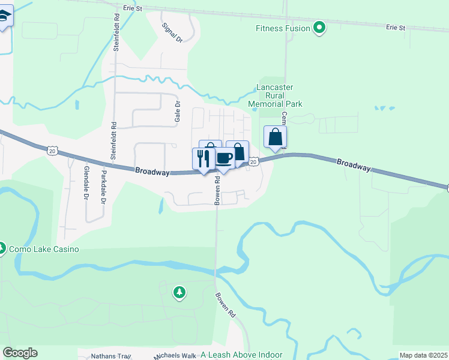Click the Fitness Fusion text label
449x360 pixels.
[283, 28]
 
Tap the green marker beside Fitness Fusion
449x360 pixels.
[320, 28]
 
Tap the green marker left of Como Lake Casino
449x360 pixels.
[2, 248]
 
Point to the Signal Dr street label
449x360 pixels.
[172, 32]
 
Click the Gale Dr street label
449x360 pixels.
[178, 112]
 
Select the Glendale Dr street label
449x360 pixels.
[86, 184]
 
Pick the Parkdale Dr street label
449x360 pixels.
[103, 187]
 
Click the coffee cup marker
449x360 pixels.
[224, 158]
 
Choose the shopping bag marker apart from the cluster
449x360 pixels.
[275, 137]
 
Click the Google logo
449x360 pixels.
[20, 353]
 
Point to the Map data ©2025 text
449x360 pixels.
[423, 355]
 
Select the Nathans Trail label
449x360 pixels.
[111, 356]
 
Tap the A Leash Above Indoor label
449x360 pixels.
[242, 355]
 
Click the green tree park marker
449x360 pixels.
[179, 293]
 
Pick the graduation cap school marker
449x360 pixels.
[5, 17]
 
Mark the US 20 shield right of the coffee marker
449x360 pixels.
[254, 162]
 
